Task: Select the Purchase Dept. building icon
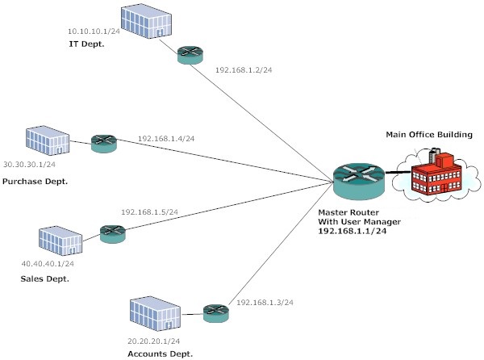[47, 141]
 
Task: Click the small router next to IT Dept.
[190, 55]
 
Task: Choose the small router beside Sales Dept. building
[111, 233]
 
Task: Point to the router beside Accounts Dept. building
[215, 312]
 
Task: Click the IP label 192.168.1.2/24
[243, 70]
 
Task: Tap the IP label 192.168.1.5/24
[149, 211]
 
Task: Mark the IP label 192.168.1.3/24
[265, 302]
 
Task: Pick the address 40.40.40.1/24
[48, 262]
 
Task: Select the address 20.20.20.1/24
[153, 341]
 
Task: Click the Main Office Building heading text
[430, 133]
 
